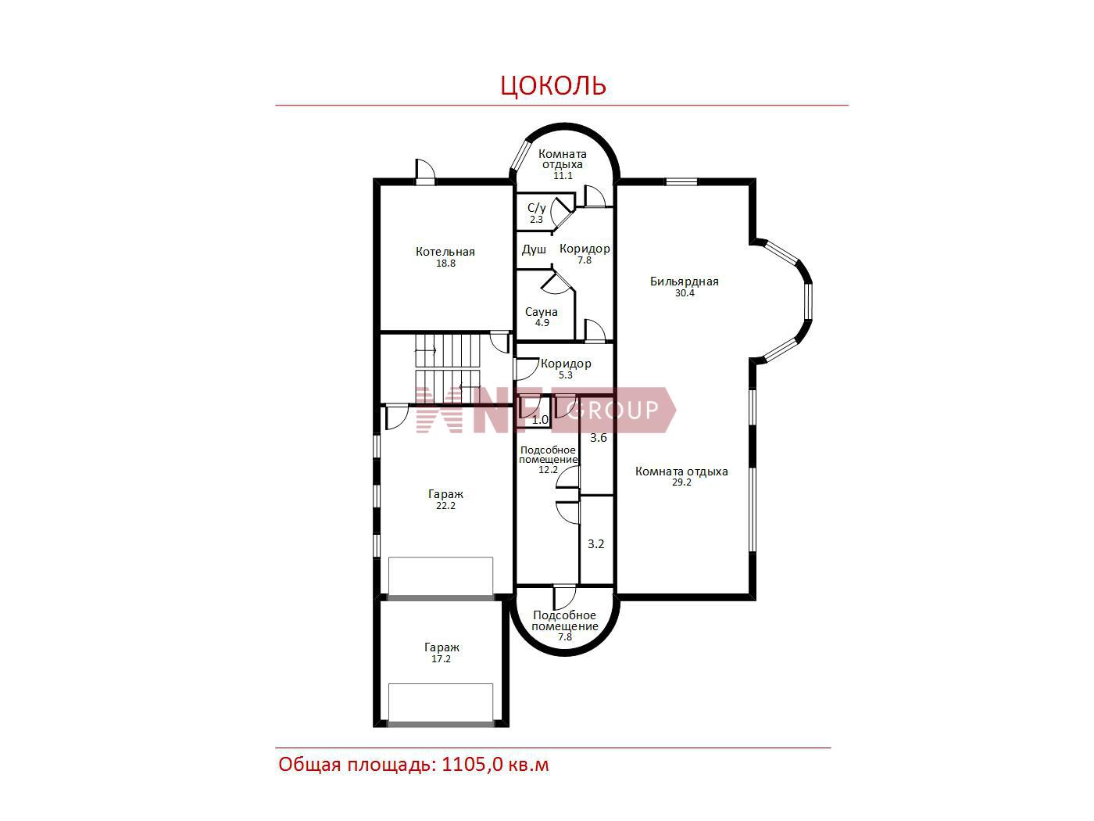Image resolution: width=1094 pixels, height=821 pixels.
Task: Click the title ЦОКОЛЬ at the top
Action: coord(552,85)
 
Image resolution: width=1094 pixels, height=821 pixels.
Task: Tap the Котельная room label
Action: coord(445,252)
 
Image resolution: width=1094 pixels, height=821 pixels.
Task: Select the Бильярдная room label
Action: coord(684,281)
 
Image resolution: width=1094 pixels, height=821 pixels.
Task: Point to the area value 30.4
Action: coord(685,293)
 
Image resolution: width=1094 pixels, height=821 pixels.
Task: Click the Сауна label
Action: coord(542,312)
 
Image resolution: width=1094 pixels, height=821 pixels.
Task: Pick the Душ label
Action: coord(534,249)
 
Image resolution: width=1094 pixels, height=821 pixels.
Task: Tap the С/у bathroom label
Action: coord(537,208)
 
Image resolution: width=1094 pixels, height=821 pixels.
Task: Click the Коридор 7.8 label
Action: coord(585,253)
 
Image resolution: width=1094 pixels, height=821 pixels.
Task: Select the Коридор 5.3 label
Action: coord(567,369)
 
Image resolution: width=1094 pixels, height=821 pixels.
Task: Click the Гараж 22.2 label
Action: coord(445,500)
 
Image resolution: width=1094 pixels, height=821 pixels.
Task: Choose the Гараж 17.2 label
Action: coord(442,653)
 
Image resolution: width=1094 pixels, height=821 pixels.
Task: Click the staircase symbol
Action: coord(448,369)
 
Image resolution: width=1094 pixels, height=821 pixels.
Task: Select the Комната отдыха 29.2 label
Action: coord(681,476)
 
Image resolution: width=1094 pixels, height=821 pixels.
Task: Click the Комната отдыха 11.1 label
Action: coord(563,164)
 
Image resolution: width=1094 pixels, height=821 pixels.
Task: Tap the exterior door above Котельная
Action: coord(425,172)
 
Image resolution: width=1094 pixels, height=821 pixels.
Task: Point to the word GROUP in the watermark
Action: coord(613,410)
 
